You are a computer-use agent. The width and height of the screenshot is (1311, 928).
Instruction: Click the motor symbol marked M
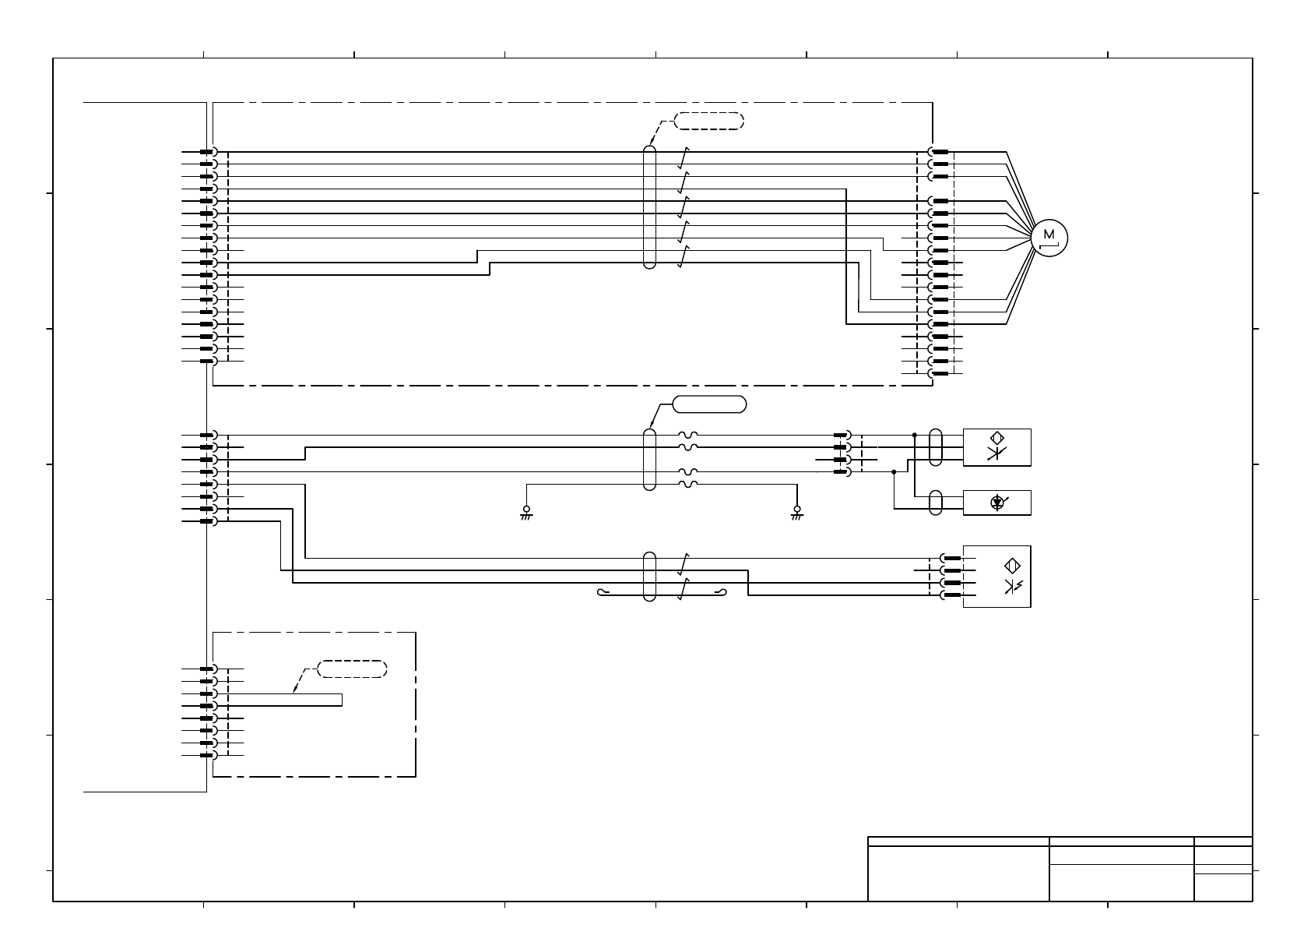tap(1049, 238)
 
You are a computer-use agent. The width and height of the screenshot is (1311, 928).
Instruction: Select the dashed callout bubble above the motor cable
tap(708, 121)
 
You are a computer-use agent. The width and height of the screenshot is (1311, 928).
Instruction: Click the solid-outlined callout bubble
tap(709, 404)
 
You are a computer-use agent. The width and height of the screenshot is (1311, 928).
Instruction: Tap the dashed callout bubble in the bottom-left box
tap(353, 669)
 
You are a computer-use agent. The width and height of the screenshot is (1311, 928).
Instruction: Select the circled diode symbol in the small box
tap(998, 503)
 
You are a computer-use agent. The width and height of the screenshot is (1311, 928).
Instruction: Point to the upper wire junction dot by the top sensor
tap(915, 435)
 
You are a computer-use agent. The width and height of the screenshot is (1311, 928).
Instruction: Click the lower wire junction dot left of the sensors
tap(895, 471)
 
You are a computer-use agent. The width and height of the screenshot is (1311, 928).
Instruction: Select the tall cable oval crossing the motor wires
tap(650, 206)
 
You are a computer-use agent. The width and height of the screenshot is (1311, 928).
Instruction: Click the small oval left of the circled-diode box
tap(936, 503)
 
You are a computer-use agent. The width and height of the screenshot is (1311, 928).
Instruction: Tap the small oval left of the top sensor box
tap(936, 447)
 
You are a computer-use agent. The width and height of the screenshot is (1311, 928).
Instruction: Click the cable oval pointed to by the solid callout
tap(650, 459)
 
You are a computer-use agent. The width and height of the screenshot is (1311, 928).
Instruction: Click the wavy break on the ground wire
tap(688, 484)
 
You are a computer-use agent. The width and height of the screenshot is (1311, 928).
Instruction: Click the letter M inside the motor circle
tap(1049, 234)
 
